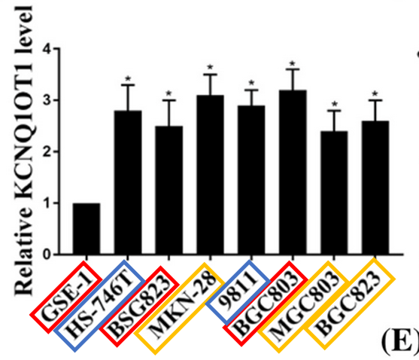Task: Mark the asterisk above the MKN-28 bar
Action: point(211,68)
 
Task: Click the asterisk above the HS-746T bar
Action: point(129,78)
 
